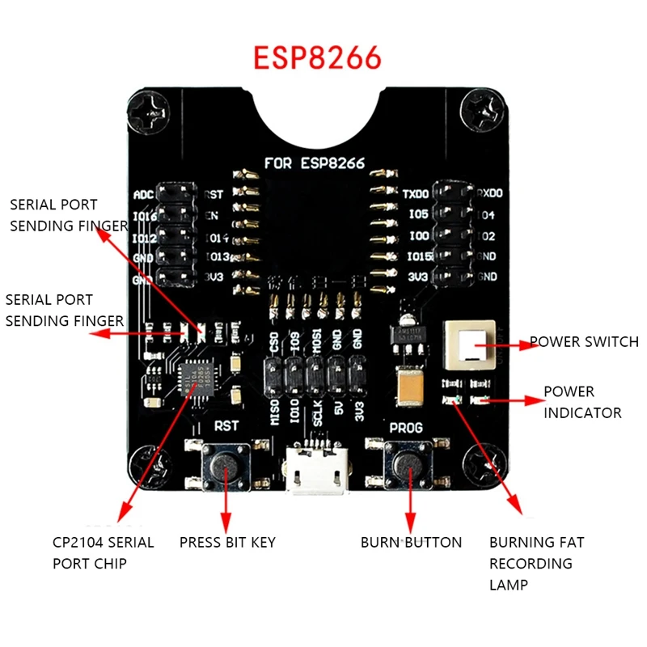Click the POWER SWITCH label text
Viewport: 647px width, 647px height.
pyautogui.click(x=583, y=342)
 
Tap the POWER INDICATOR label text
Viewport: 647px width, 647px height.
pyautogui.click(x=581, y=402)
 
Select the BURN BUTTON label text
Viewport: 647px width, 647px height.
pyautogui.click(x=411, y=542)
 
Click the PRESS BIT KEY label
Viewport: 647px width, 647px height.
pyautogui.click(x=227, y=542)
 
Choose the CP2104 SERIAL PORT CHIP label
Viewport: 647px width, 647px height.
pyautogui.click(x=103, y=552)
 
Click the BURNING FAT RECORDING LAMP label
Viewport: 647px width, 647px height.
pyautogui.click(x=536, y=563)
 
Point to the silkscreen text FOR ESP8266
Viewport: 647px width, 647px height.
pyautogui.click(x=315, y=163)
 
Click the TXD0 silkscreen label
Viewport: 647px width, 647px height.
pyautogui.click(x=416, y=195)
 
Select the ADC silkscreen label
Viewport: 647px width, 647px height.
pyautogui.click(x=142, y=196)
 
